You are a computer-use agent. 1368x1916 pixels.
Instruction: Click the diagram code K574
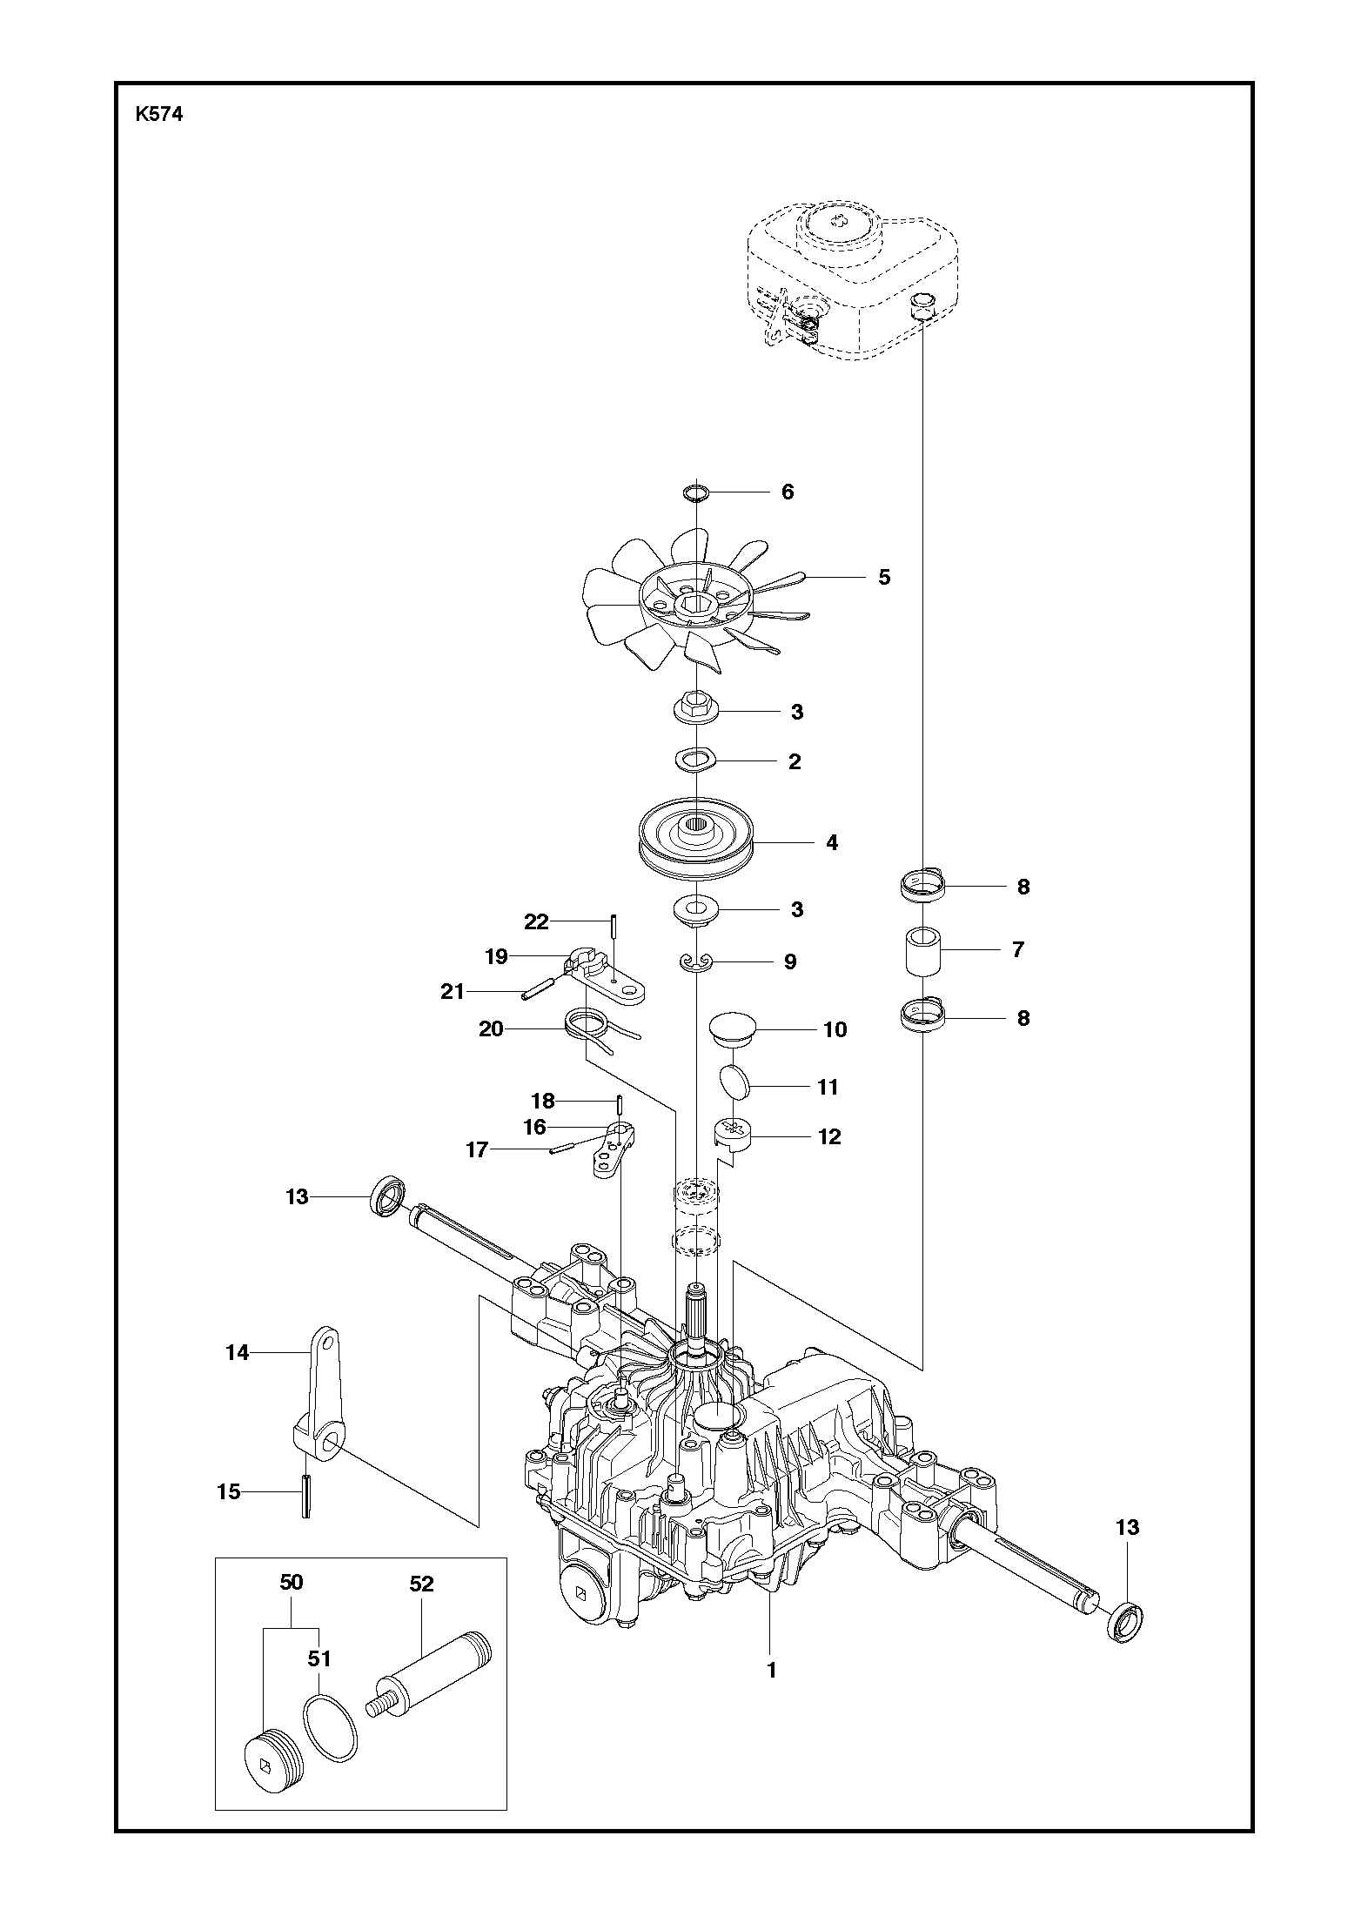159,115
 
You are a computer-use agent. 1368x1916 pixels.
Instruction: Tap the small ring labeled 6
696,493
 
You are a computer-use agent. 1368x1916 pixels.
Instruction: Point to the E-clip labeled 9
697,961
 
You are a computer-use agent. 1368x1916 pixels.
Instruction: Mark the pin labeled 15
306,1495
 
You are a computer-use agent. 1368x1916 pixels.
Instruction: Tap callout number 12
829,1136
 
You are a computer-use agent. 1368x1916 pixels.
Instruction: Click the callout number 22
536,921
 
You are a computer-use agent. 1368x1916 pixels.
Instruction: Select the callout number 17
477,1150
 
